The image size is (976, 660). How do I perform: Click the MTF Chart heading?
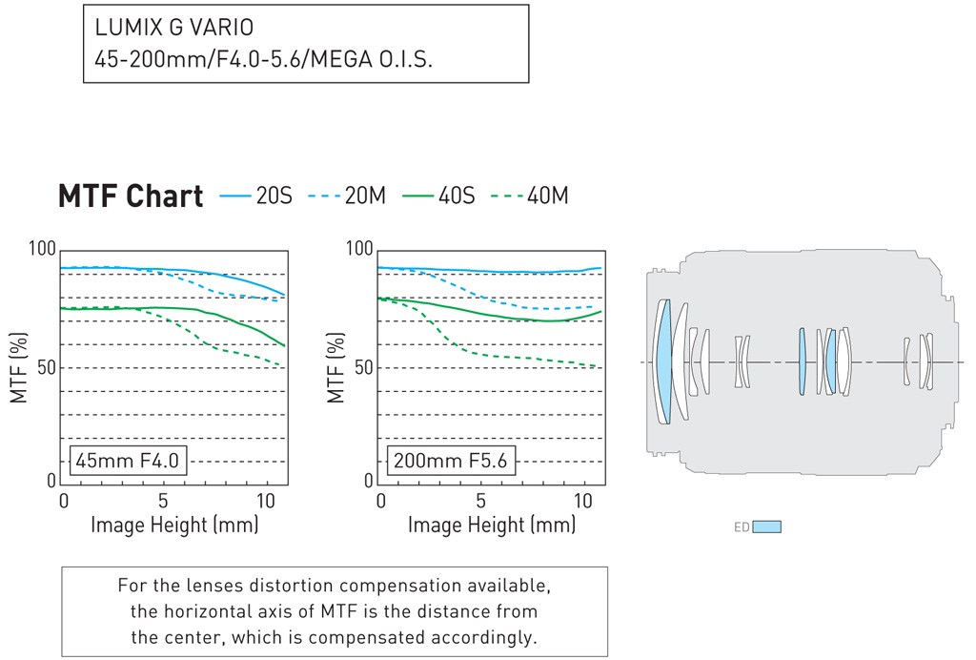131,196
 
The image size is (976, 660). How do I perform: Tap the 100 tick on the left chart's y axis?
43,250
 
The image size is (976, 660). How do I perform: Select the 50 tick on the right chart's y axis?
364,368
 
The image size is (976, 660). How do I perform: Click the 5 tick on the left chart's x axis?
164,501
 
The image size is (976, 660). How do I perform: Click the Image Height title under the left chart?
174,525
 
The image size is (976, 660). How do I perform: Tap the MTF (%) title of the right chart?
335,367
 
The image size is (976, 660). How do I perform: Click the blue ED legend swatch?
766,526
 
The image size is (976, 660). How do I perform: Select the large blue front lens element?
663,361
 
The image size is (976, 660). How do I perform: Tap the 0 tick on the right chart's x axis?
381,501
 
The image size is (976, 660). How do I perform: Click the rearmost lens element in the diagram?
925,361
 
